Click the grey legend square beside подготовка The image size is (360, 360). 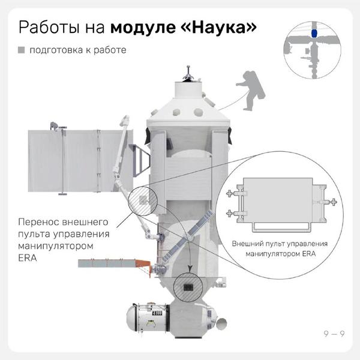point(22,50)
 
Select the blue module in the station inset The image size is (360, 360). point(314,33)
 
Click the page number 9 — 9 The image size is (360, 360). point(334,334)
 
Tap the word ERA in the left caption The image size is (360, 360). point(28,258)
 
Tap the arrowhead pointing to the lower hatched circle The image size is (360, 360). point(190,269)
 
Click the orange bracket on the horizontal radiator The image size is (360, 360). point(143,266)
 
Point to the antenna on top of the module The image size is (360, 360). point(188,74)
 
